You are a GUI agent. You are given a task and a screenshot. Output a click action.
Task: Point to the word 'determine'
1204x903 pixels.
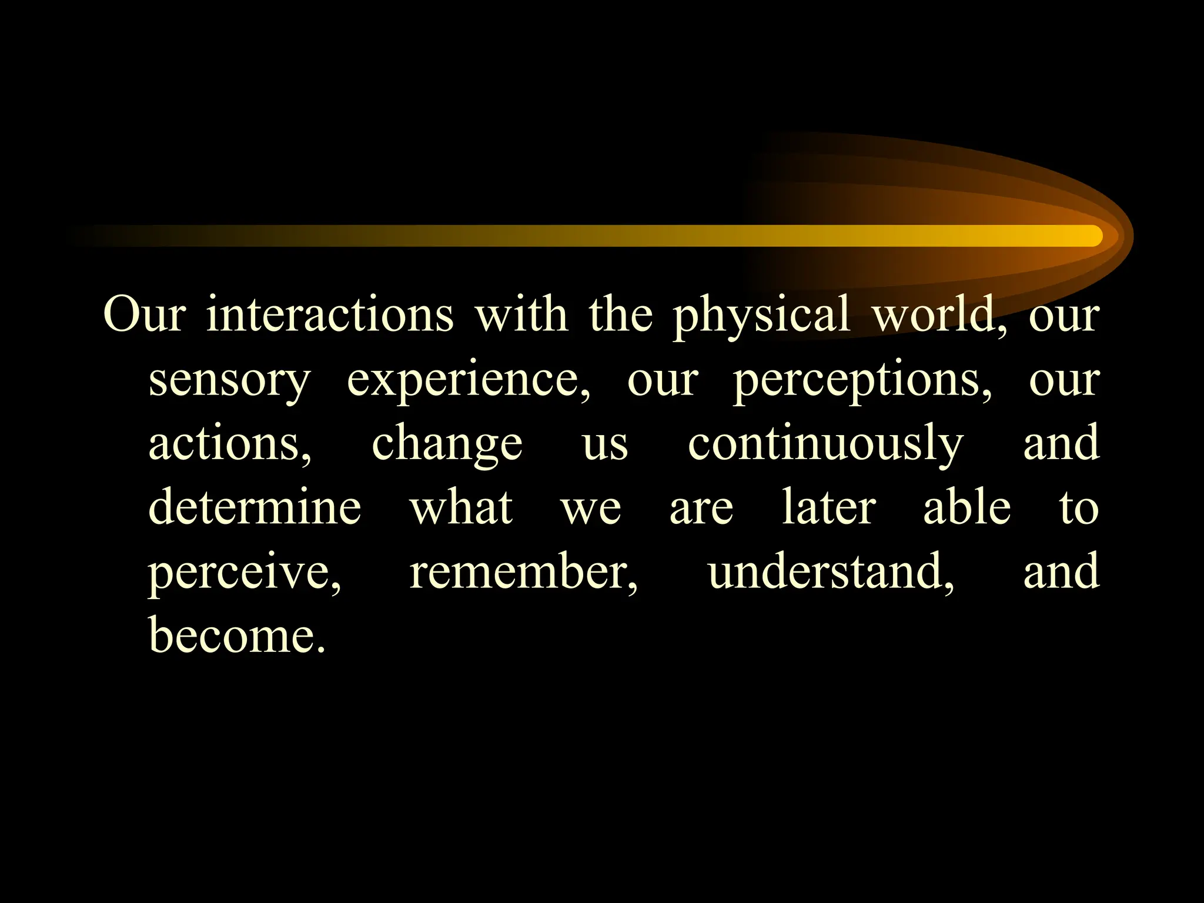click(x=255, y=507)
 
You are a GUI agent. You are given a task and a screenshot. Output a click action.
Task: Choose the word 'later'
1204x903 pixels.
click(x=829, y=507)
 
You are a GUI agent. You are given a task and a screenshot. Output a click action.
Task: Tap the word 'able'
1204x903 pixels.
click(x=967, y=507)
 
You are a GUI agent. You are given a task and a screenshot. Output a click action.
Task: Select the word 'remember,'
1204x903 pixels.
click(x=523, y=571)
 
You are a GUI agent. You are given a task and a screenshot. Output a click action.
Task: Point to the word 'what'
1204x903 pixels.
click(x=461, y=507)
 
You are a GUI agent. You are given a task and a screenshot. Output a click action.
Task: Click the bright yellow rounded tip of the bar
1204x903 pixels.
click(x=1088, y=236)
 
